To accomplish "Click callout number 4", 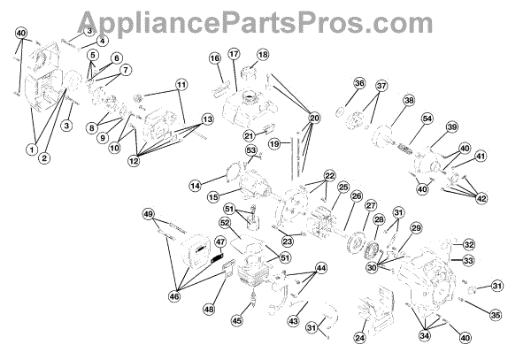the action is point(102,41).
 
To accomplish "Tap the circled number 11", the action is point(181,86).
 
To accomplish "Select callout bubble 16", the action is point(215,58).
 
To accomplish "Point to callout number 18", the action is point(262,55).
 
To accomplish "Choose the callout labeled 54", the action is point(427,119).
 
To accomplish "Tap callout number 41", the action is point(481,157).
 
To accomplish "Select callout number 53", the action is point(251,151).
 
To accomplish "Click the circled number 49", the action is point(149,214).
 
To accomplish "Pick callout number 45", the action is point(237,321).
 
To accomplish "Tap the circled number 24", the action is point(359,336).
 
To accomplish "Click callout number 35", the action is point(496,313).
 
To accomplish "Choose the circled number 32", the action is point(493,245).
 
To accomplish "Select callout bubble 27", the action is point(370,205).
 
